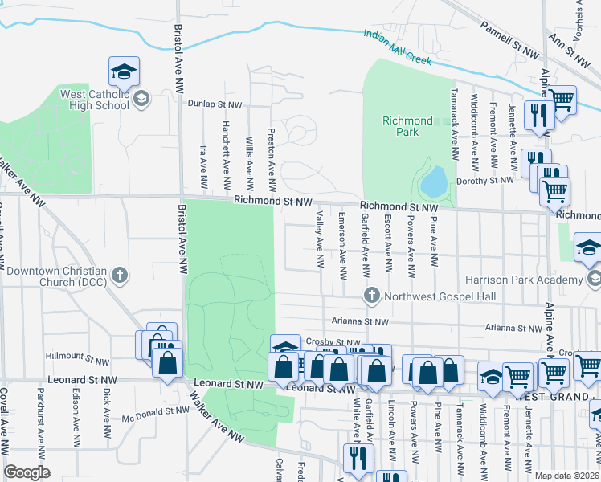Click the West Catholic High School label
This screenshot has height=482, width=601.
click(95, 99)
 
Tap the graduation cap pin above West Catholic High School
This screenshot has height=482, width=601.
click(125, 72)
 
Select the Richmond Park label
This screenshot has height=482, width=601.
click(407, 127)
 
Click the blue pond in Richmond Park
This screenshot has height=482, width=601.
click(433, 183)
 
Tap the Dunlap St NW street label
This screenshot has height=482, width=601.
click(215, 104)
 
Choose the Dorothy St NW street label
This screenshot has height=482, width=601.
click(484, 181)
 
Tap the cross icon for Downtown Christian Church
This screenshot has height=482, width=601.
click(119, 276)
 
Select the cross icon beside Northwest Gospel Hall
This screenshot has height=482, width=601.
click(371, 296)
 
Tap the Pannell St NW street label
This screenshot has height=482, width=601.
click(509, 39)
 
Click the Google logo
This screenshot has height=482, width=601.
click(27, 472)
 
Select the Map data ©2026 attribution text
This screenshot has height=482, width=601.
click(566, 476)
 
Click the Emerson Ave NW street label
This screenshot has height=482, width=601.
click(342, 246)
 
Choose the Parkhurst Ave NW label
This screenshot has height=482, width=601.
click(39, 418)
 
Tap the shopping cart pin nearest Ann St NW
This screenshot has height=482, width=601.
click(562, 100)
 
